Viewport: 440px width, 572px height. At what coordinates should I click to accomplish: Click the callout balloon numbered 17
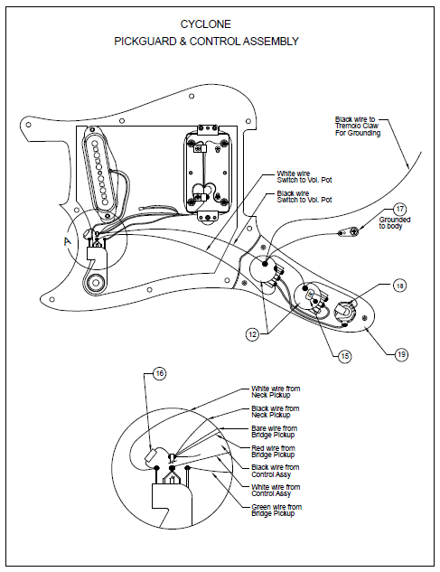click(x=399, y=209)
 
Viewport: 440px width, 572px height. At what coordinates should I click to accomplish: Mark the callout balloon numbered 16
click(x=160, y=373)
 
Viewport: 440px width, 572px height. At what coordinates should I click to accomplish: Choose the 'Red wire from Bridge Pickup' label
click(x=275, y=451)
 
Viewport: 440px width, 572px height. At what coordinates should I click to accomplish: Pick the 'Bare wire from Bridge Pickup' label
click(x=275, y=431)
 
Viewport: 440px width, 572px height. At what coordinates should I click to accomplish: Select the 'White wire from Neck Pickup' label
click(x=275, y=391)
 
